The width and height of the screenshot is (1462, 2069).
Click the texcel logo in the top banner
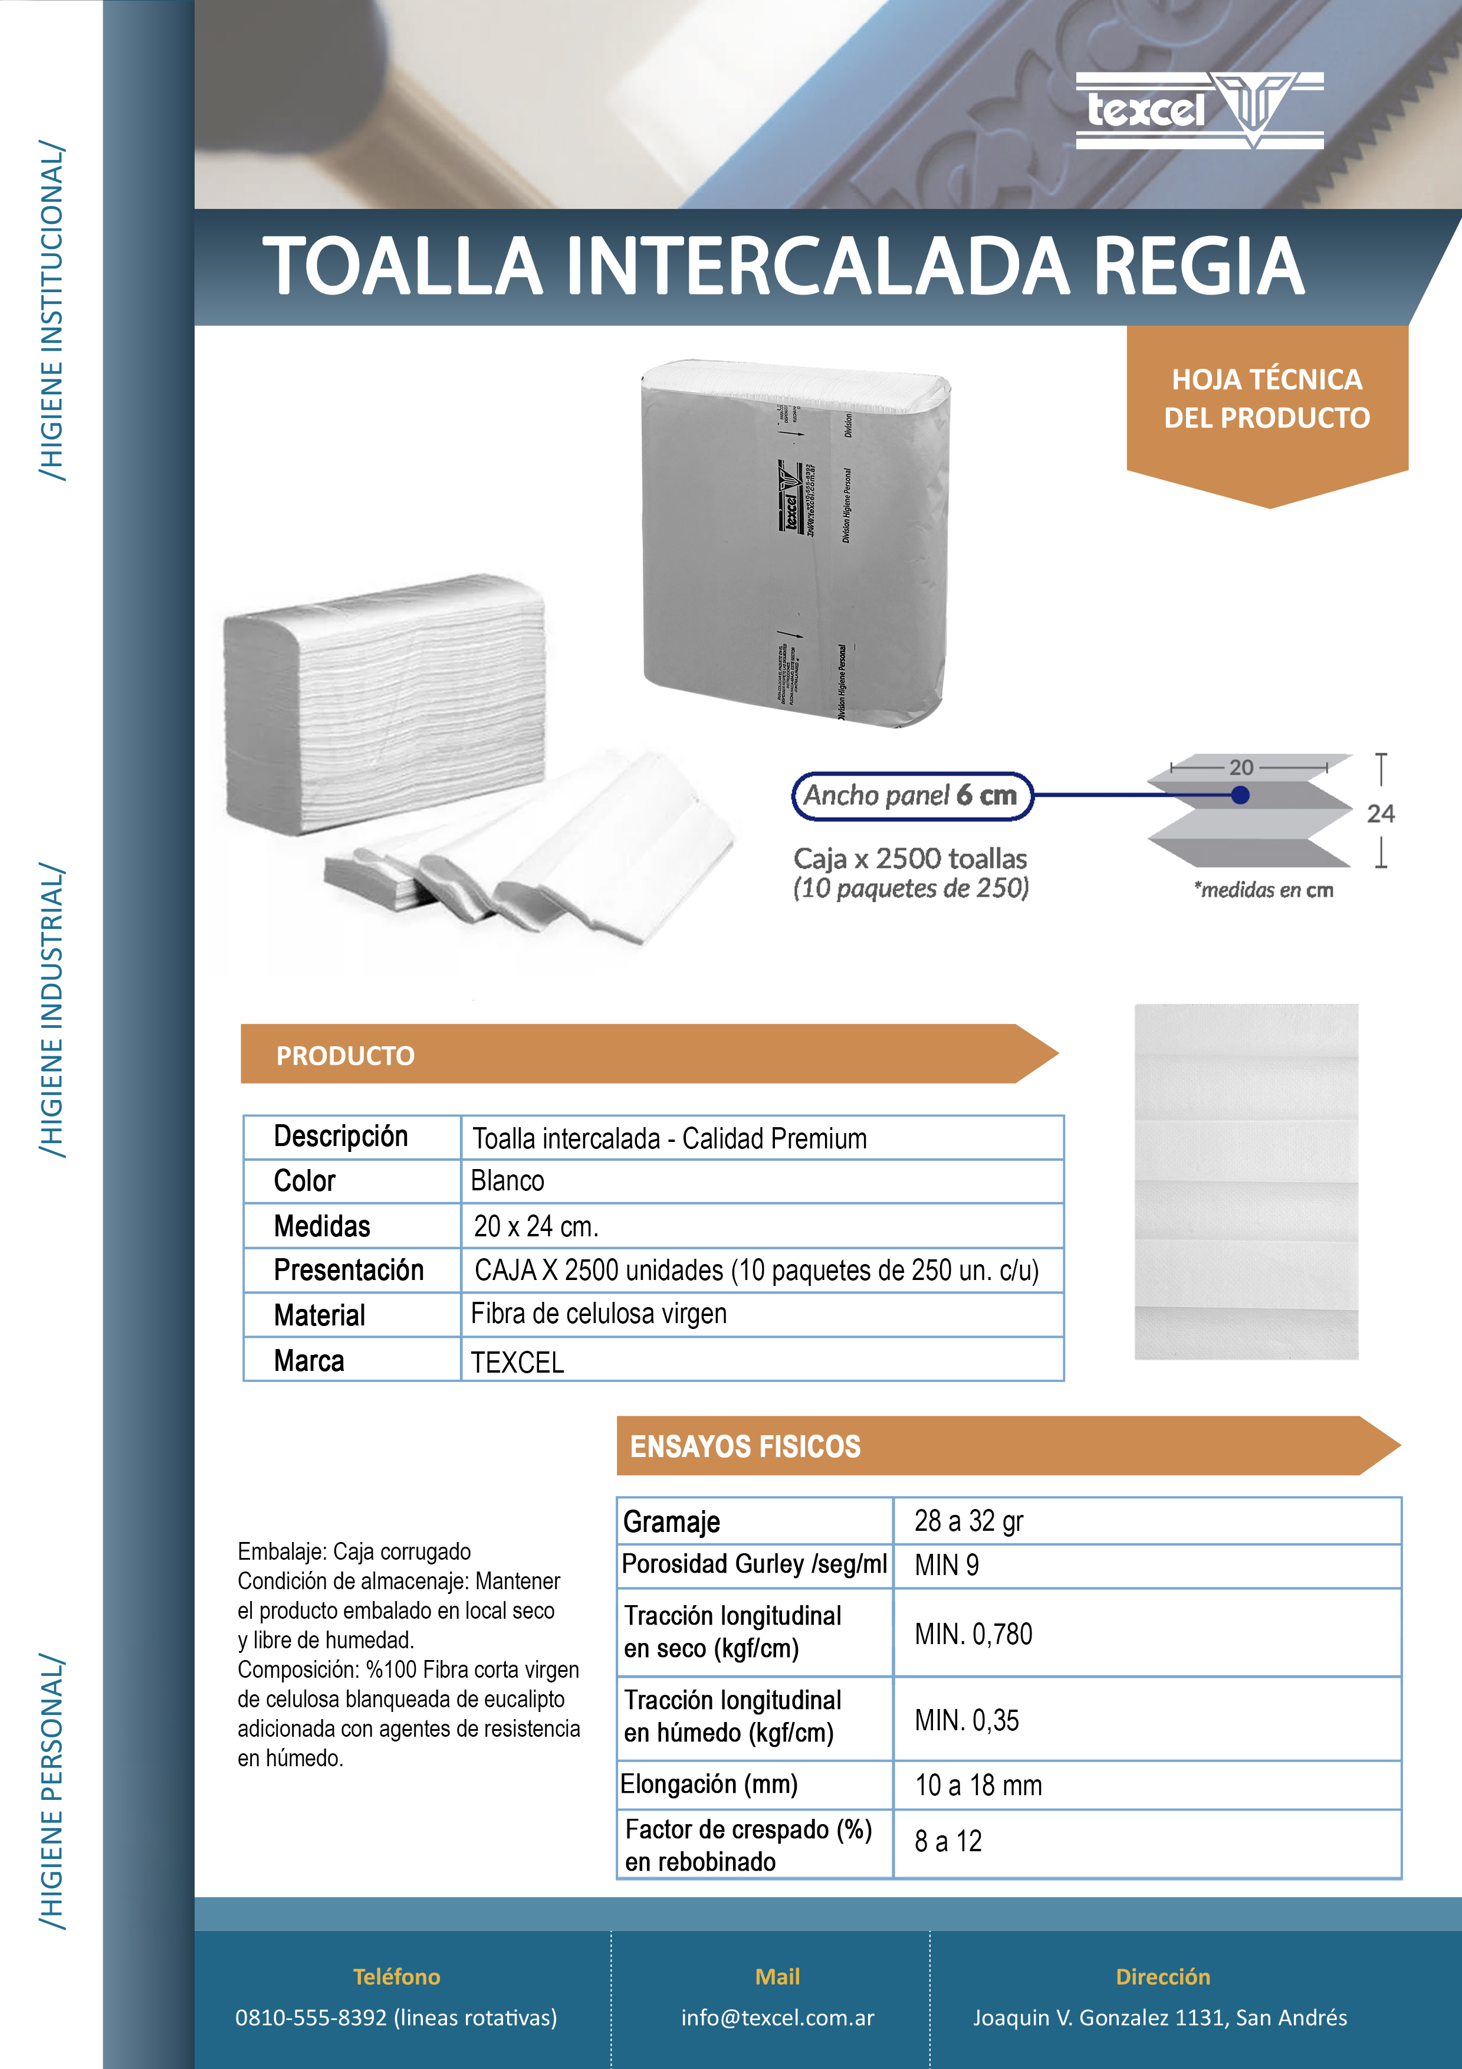point(1198,110)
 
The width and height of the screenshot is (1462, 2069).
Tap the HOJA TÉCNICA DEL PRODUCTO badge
point(1267,399)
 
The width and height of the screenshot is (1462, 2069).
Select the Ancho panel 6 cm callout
point(911,795)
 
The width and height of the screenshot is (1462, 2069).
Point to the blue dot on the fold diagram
point(1240,795)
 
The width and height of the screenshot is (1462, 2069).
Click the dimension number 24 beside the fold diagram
point(1380,814)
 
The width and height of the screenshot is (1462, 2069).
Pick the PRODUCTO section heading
point(346,1055)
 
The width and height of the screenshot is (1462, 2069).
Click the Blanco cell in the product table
point(508,1180)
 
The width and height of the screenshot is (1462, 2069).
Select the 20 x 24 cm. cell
point(536,1226)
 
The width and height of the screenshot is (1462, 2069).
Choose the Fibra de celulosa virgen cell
point(599,1314)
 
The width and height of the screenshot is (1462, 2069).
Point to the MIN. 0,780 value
point(973,1633)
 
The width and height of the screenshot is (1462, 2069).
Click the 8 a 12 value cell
point(948,1841)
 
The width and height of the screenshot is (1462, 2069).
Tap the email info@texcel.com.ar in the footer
point(777,2018)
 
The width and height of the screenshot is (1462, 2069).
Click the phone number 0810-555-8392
point(311,2018)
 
